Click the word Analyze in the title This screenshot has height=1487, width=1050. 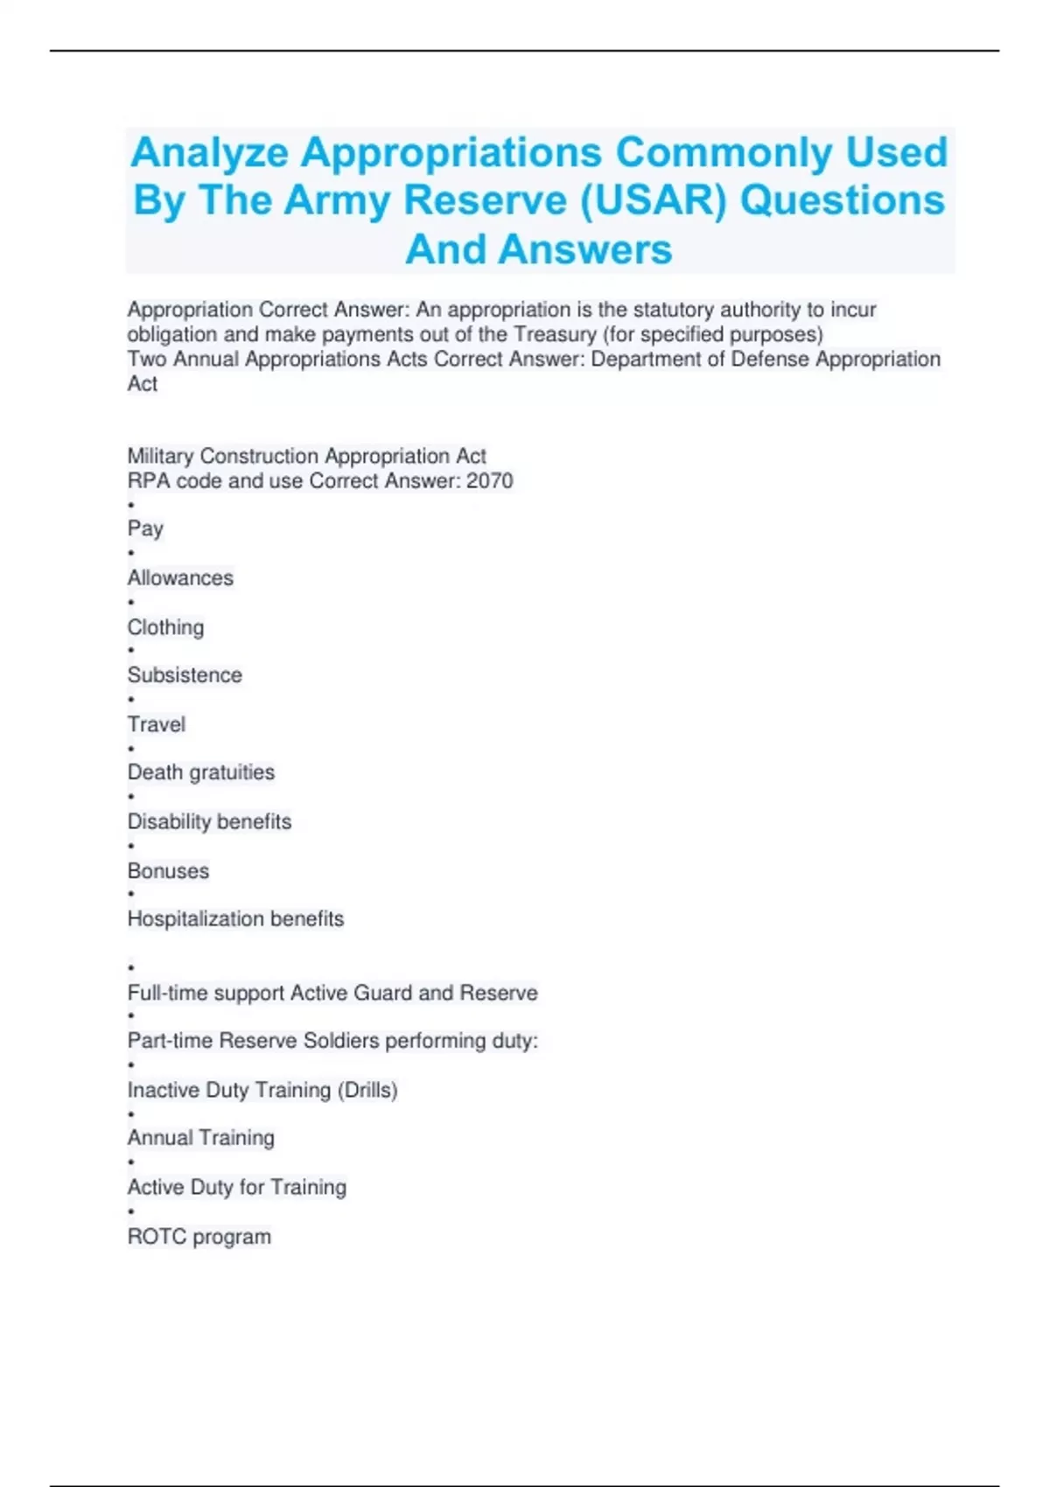[209, 153]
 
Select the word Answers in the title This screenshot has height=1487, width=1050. [585, 249]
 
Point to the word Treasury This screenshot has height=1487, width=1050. [555, 334]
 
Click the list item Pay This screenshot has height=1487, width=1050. [145, 528]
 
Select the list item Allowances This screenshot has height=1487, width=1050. [180, 578]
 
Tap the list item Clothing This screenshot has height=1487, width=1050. [165, 627]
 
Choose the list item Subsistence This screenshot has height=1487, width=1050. [185, 675]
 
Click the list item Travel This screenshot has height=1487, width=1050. [157, 724]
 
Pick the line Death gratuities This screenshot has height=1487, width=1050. [201, 772]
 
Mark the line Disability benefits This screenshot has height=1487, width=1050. [209, 821]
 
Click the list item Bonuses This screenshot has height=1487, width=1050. [168, 871]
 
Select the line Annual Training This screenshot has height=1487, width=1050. [201, 1138]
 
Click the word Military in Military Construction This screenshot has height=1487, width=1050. [161, 457]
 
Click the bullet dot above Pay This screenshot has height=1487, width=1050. [131, 505]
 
